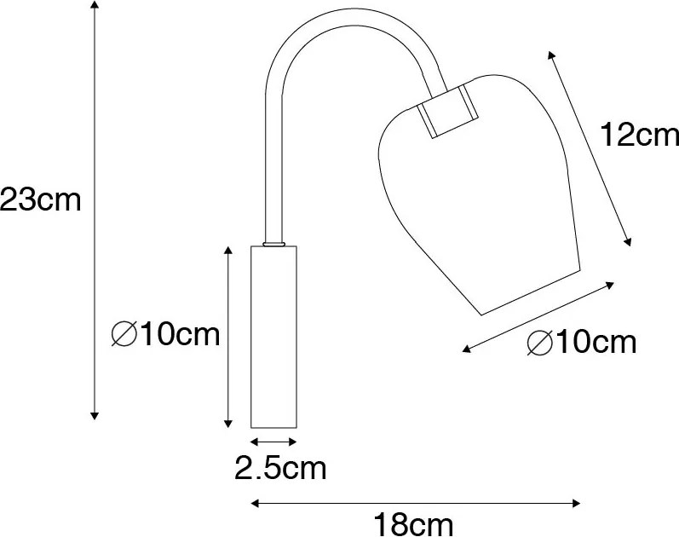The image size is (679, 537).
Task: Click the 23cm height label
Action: pos(40,201)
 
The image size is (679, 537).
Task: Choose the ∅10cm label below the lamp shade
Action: pos(582,343)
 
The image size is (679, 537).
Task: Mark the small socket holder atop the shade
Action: pos(449,109)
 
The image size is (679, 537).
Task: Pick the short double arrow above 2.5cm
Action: pos(273,442)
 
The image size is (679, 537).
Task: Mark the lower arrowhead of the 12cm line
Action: pos(629,242)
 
